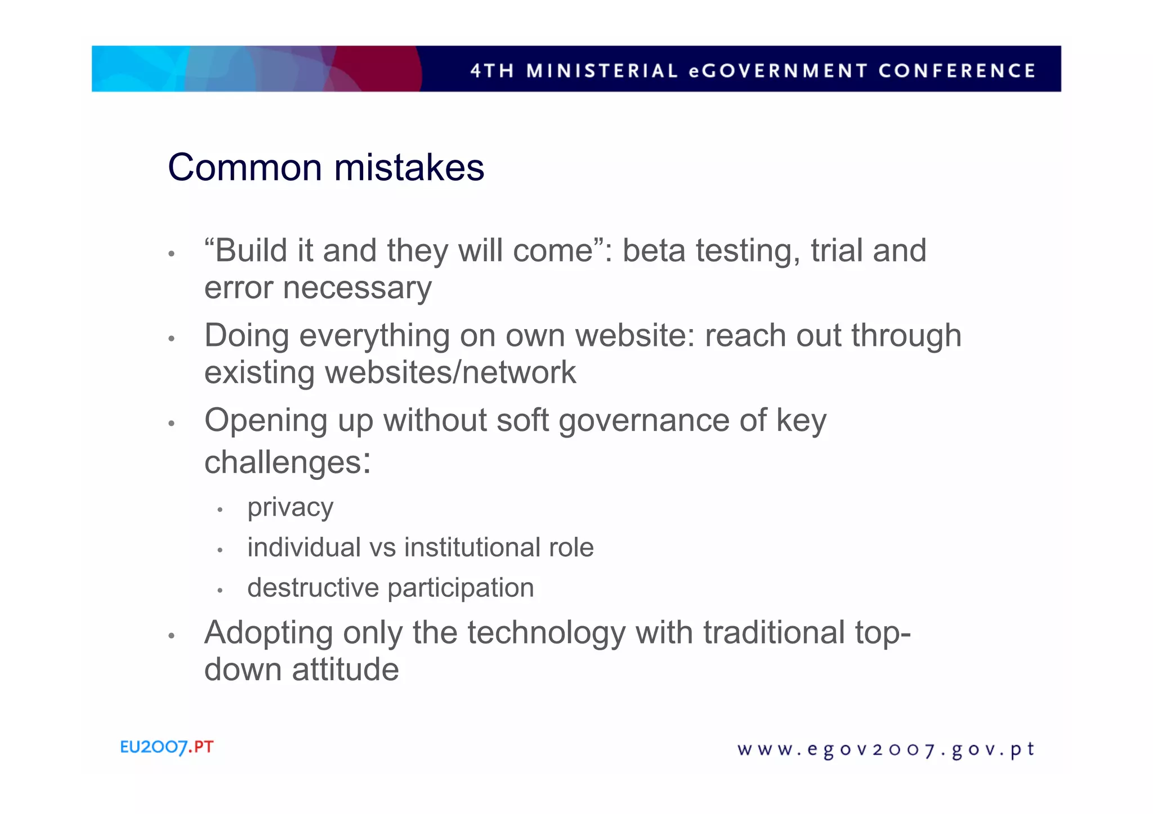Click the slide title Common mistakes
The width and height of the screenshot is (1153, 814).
(325, 168)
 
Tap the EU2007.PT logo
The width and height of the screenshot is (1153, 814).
(167, 747)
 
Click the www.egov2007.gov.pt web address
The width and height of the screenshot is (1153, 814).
(886, 750)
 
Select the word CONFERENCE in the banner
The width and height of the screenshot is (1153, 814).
(957, 71)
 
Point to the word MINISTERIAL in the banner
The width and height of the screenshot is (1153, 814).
(602, 71)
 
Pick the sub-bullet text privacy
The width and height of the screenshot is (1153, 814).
(290, 508)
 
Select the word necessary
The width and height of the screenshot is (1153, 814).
(357, 289)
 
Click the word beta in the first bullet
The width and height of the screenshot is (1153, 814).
(653, 250)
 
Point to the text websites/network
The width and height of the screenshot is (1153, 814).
(450, 372)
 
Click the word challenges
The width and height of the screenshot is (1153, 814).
(283, 462)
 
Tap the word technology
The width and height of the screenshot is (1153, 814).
(546, 632)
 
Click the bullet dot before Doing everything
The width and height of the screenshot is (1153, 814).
(172, 339)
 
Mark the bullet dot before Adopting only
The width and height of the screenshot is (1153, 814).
(172, 636)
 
